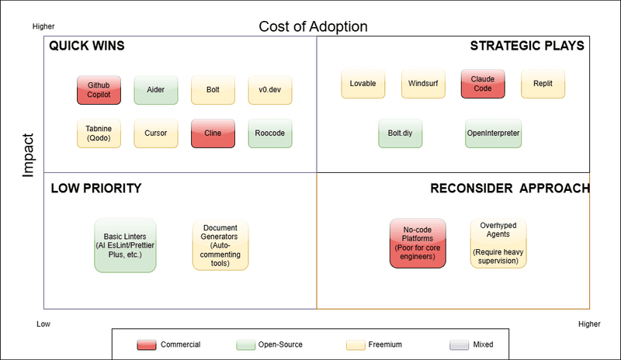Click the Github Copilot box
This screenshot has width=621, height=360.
coord(99,90)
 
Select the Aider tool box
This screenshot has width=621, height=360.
coord(156,90)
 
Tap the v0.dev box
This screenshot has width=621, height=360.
coord(269,90)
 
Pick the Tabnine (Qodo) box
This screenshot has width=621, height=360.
coord(99,133)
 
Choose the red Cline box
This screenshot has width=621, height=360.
coord(213,133)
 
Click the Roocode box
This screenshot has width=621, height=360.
coord(269,133)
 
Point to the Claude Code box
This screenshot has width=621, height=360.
coord(483,84)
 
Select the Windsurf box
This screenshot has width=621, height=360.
coord(423,84)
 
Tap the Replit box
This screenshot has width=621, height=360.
coord(543,84)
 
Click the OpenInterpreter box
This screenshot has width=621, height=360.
coord(493,133)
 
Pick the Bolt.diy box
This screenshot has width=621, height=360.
coord(400,133)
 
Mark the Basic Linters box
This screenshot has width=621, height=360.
coord(125,245)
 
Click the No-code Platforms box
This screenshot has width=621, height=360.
coord(418,243)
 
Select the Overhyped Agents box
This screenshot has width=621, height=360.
coord(498,243)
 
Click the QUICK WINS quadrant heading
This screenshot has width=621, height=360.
coord(87,46)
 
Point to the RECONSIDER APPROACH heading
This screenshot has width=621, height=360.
coord(510,188)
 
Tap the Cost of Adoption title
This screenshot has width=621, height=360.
coord(313,26)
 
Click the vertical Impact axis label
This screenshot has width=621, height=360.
coord(28,155)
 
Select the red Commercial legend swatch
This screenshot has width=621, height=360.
coord(147,345)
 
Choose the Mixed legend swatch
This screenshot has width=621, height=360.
coord(459,345)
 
